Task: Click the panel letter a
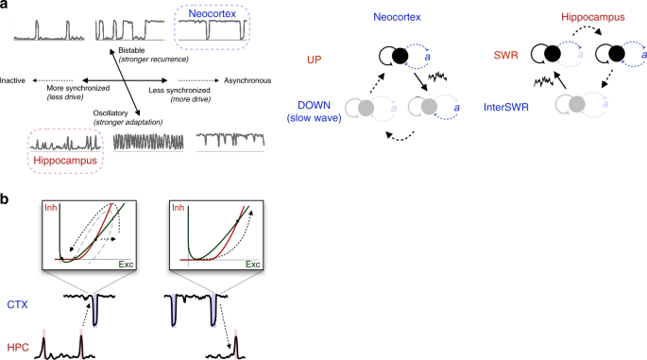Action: tap(6, 7)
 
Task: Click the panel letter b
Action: tap(6, 200)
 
